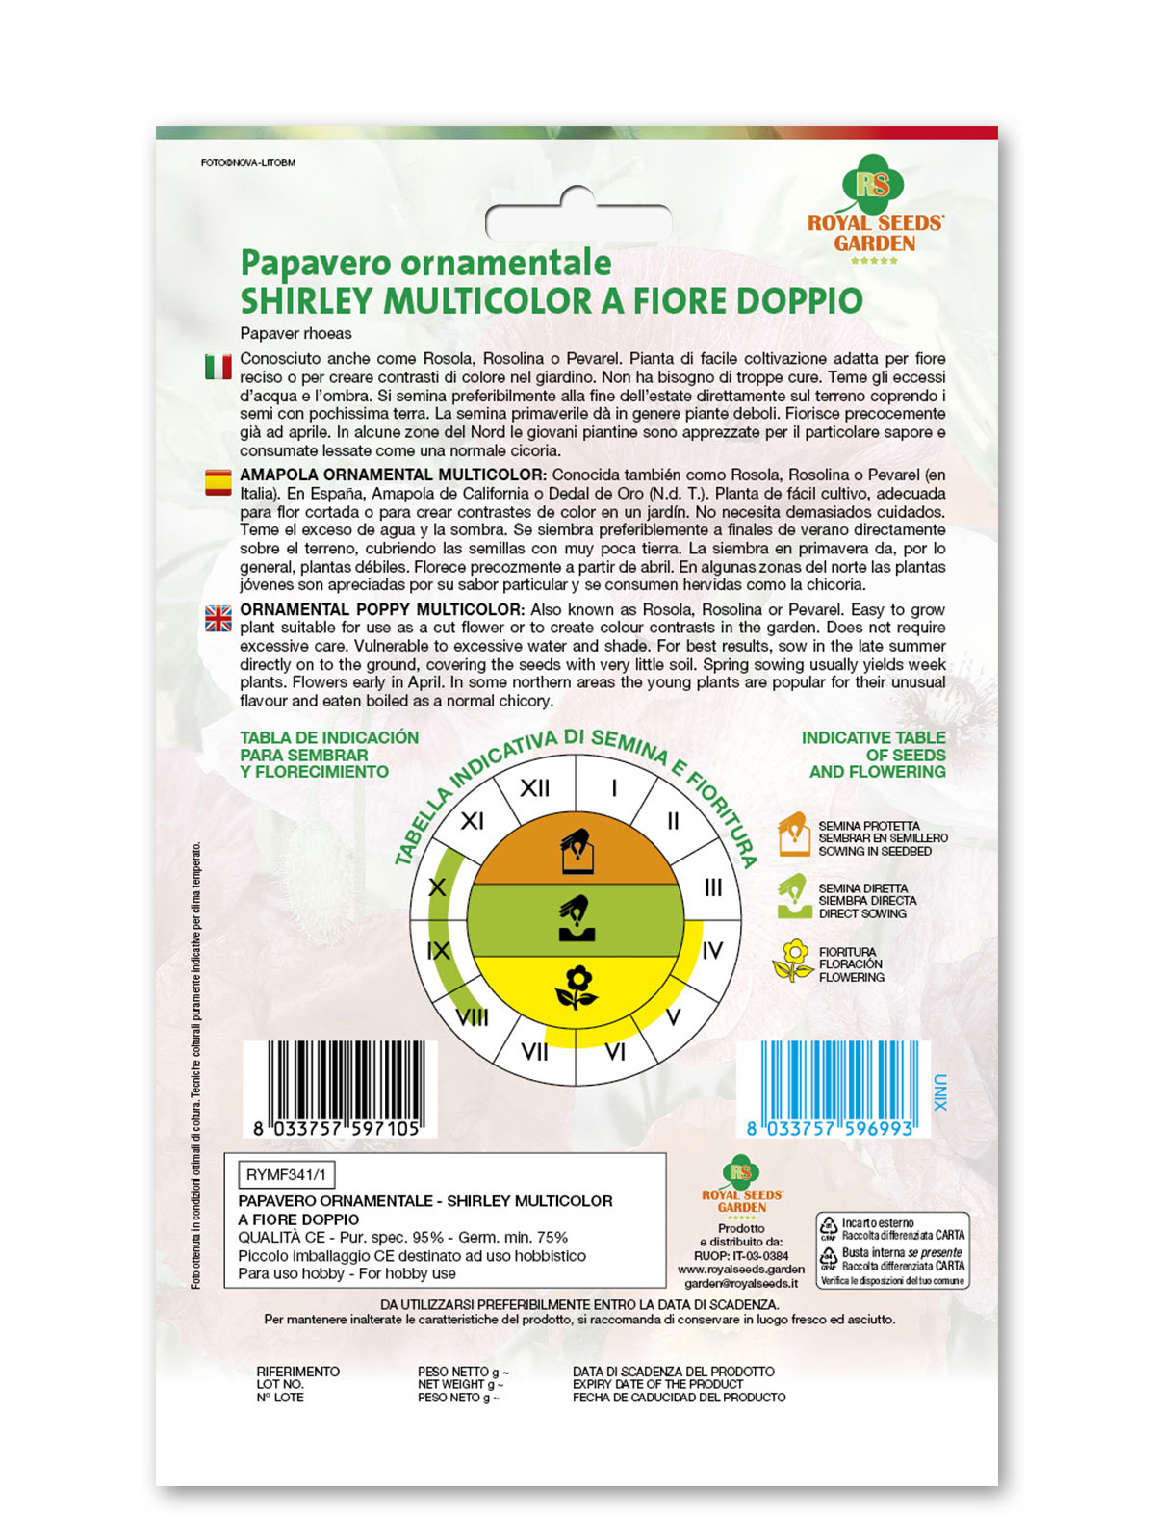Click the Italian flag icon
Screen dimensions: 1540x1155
[x=218, y=367]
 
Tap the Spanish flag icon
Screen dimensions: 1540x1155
[x=218, y=482]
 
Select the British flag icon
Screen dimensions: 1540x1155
[x=218, y=618]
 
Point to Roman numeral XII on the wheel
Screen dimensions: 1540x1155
[x=534, y=788]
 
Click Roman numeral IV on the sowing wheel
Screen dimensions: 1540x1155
[x=712, y=951]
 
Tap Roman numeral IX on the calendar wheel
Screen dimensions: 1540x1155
[x=438, y=951]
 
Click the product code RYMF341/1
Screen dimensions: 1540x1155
[x=286, y=1175]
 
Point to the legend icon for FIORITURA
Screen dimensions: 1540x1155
[x=793, y=962]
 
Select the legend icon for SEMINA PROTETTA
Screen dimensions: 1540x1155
[x=793, y=834]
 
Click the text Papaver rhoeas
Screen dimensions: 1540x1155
[x=295, y=334]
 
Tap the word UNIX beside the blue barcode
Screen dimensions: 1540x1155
[x=940, y=1092]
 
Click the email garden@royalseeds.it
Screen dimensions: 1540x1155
[x=740, y=1283]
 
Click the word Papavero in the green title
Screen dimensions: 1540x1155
[x=316, y=263]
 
